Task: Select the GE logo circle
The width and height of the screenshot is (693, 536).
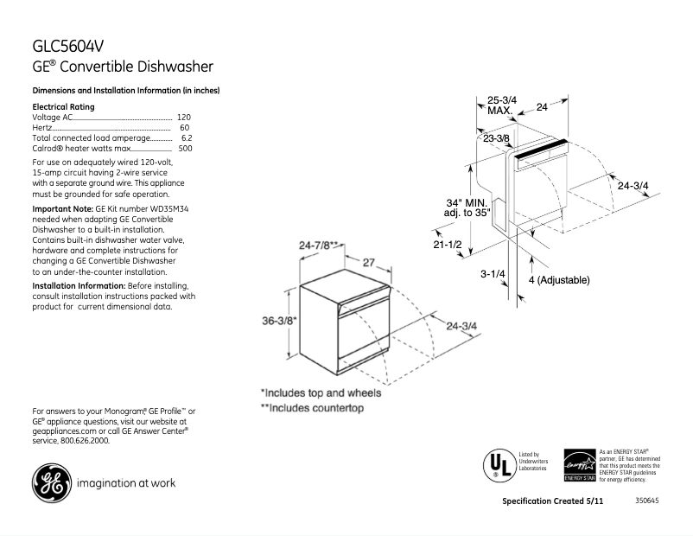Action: [51, 483]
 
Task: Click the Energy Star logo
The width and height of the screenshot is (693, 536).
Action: [579, 465]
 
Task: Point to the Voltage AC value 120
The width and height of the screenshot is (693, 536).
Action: [183, 117]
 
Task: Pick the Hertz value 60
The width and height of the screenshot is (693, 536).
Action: [185, 127]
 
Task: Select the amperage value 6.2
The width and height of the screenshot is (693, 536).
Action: [186, 137]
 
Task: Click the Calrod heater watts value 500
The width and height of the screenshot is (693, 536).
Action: [185, 148]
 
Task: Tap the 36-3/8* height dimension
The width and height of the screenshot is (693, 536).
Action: [280, 321]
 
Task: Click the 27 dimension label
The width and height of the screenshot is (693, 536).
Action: [368, 262]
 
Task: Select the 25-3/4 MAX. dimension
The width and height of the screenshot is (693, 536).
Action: [501, 105]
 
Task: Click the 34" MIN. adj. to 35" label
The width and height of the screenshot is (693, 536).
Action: [467, 207]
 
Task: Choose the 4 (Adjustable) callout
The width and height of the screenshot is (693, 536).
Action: [558, 280]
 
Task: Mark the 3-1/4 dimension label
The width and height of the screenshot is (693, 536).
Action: [493, 274]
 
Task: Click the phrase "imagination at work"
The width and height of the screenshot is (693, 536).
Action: [126, 483]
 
